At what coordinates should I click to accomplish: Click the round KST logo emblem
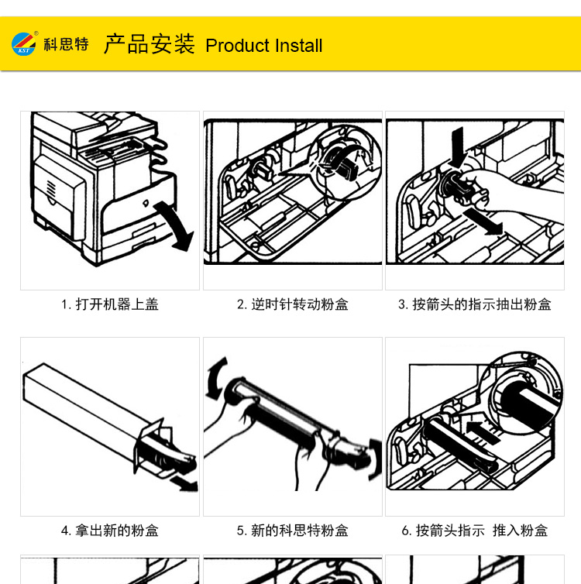[x=24, y=44]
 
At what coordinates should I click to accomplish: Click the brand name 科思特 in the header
[x=67, y=44]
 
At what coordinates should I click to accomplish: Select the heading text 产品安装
[x=149, y=44]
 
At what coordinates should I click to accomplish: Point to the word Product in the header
[x=238, y=46]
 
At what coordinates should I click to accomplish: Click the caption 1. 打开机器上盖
[x=110, y=304]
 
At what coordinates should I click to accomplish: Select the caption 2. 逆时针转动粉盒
[x=293, y=304]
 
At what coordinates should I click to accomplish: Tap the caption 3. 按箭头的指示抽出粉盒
[x=475, y=304]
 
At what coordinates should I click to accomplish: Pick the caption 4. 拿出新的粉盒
[x=110, y=531]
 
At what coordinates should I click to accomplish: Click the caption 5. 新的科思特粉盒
[x=293, y=531]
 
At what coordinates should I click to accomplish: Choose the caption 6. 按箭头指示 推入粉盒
[x=475, y=531]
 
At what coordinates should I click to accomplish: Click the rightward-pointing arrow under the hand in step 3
[x=483, y=222]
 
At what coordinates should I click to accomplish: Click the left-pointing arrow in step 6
[x=483, y=431]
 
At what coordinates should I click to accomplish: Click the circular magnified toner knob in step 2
[x=346, y=163]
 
